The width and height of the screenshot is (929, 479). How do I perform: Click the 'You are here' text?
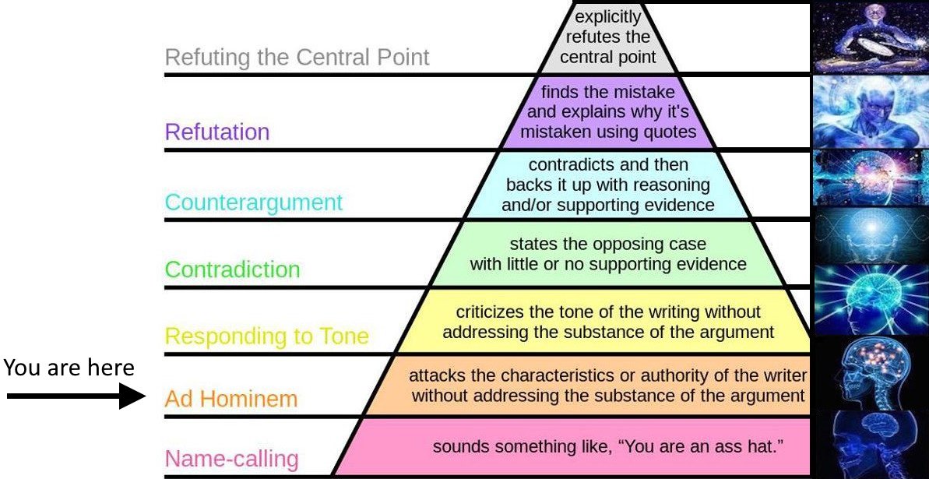tap(69, 367)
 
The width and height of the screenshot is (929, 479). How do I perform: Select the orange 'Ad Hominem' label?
tap(231, 399)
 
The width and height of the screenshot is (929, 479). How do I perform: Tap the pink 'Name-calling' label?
tap(231, 458)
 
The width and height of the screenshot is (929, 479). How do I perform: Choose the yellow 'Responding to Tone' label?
tap(267, 336)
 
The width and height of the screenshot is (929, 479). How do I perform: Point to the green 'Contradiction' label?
tap(232, 269)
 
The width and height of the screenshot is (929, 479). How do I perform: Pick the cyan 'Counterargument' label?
tap(253, 203)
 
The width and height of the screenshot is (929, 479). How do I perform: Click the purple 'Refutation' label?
tap(216, 132)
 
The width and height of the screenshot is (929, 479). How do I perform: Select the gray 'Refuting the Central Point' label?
tap(297, 58)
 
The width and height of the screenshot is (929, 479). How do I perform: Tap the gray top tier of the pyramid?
tap(607, 37)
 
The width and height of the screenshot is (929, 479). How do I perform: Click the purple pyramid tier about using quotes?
tap(607, 111)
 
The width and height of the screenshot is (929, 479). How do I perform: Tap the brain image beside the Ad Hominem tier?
tap(871, 372)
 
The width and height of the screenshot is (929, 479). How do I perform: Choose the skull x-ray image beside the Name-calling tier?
tap(871, 443)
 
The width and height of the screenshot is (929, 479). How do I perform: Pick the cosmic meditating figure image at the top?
tap(871, 37)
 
